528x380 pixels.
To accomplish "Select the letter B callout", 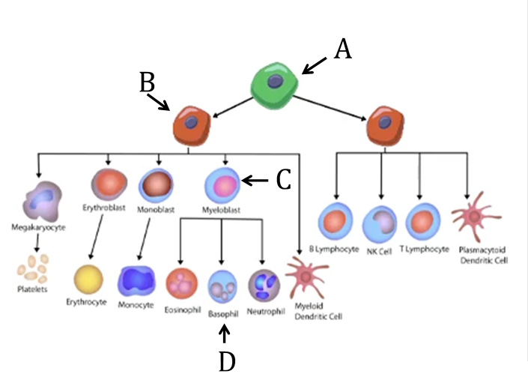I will pyautogui.click(x=148, y=82).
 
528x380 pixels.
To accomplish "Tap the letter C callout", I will pyautogui.click(x=283, y=180).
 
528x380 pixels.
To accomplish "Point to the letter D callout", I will pyautogui.click(x=227, y=362).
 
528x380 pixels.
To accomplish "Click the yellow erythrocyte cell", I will pyautogui.click(x=88, y=280).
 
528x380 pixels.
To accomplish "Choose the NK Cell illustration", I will pyautogui.click(x=378, y=224).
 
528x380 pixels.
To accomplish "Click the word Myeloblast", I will pyautogui.click(x=221, y=211).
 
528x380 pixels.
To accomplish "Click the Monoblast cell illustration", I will pyautogui.click(x=156, y=184).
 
